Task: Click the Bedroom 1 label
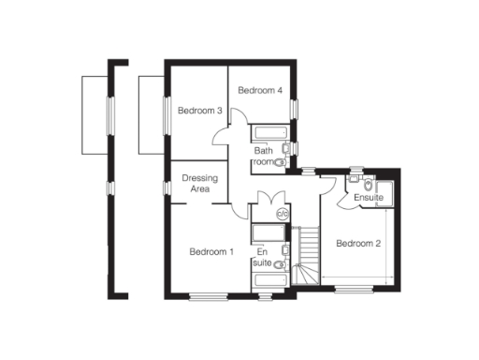point(210,251)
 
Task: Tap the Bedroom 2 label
point(358,245)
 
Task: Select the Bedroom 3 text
point(199,111)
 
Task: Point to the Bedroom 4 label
point(259,91)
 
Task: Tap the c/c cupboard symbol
point(283,214)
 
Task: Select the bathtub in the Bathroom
point(272,132)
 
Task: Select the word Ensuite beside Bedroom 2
point(368,198)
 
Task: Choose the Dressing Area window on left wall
point(167,187)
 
